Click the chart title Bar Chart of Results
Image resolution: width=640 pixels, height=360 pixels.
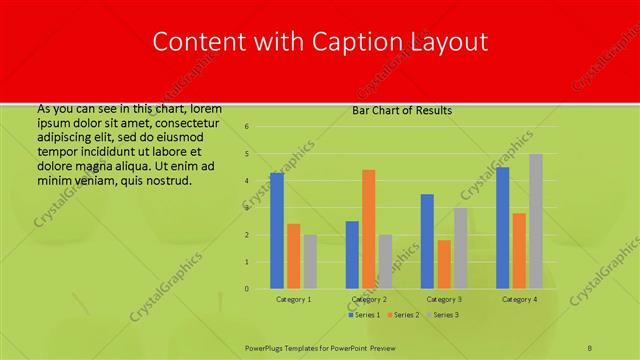[x=402, y=110]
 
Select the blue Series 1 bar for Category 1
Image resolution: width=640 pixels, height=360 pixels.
[x=276, y=231]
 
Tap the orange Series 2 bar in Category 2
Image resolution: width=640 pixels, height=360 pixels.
[x=368, y=229]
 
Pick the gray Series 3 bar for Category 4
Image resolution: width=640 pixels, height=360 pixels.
[x=536, y=221]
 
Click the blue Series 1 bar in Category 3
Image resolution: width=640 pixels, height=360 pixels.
[x=427, y=241]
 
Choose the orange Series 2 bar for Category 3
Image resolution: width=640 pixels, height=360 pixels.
[x=444, y=264]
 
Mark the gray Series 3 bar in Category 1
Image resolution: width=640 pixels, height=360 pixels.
[x=310, y=262]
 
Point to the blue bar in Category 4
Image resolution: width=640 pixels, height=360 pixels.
[x=502, y=228]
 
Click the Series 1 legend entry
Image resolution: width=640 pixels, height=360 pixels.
[x=366, y=315]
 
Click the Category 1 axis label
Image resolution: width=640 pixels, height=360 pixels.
[x=294, y=299]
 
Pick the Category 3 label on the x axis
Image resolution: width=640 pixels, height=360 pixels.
[x=444, y=299]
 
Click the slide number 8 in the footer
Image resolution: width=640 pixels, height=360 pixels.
[x=589, y=347]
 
